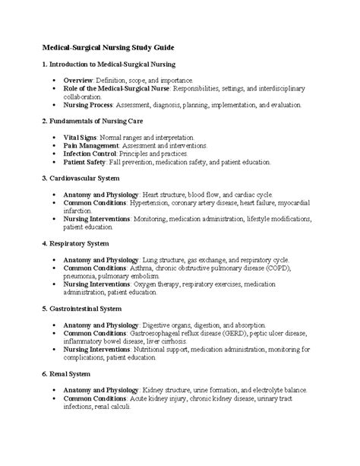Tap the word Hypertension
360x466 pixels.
tap(155, 204)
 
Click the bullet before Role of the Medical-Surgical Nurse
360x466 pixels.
tap(52, 88)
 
